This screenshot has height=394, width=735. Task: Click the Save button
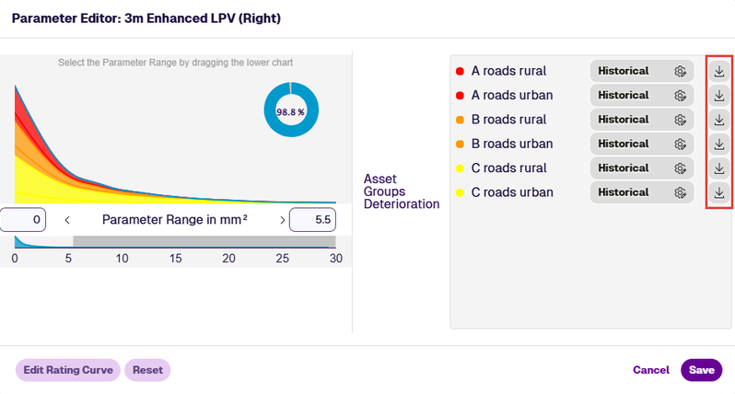click(701, 370)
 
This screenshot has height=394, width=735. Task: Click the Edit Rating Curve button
click(68, 370)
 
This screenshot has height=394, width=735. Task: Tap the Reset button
click(147, 370)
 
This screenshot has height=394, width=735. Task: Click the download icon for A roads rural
click(719, 71)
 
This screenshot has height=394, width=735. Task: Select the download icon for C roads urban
click(719, 192)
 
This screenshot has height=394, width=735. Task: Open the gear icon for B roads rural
click(680, 120)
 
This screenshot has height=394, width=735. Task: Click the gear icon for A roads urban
click(680, 95)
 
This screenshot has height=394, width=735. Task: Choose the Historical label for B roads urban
click(623, 144)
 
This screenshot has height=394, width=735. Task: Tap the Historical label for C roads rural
click(623, 168)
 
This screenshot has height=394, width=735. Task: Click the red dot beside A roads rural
click(460, 71)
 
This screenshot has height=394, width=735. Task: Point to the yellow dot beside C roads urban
click(460, 192)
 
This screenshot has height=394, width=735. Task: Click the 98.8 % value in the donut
click(290, 112)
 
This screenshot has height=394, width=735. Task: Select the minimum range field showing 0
click(23, 220)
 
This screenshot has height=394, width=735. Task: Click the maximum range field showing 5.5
click(312, 220)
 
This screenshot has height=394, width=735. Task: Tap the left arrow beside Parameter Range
click(67, 220)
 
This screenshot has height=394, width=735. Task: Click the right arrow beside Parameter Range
click(282, 220)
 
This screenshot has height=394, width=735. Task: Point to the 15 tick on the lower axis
click(175, 258)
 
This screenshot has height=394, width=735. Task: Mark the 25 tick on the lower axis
click(282, 258)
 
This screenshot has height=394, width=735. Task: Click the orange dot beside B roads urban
click(460, 144)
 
